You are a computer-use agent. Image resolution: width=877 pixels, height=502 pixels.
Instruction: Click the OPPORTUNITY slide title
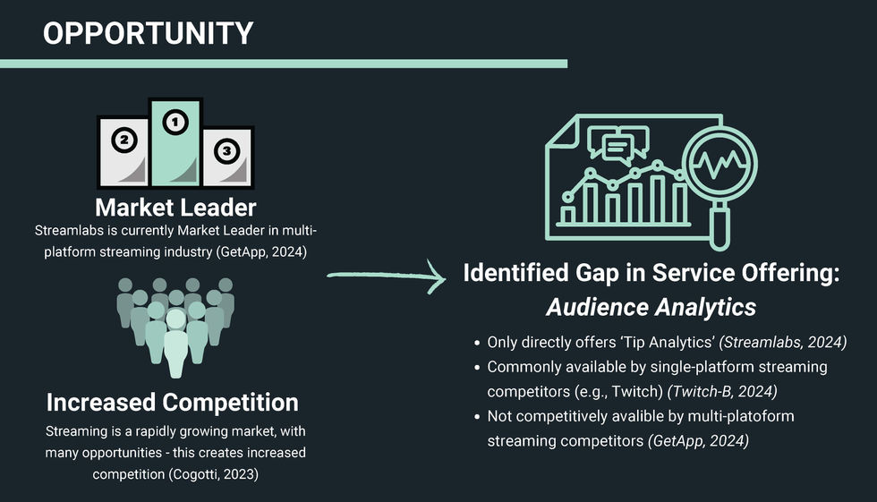[x=148, y=33]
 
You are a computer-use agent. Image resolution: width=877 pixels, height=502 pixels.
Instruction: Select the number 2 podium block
[x=123, y=152]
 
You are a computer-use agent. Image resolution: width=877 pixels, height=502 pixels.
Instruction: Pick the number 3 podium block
[x=226, y=157]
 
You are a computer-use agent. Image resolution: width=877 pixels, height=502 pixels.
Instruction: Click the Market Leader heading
[x=175, y=208]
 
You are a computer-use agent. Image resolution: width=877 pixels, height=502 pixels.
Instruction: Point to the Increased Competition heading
[x=173, y=402]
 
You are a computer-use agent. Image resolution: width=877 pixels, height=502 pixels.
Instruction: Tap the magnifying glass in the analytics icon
[x=720, y=170]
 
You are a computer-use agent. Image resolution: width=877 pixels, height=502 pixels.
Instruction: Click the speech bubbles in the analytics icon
[x=625, y=143]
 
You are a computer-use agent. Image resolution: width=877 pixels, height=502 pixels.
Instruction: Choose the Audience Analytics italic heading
[x=651, y=307]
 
